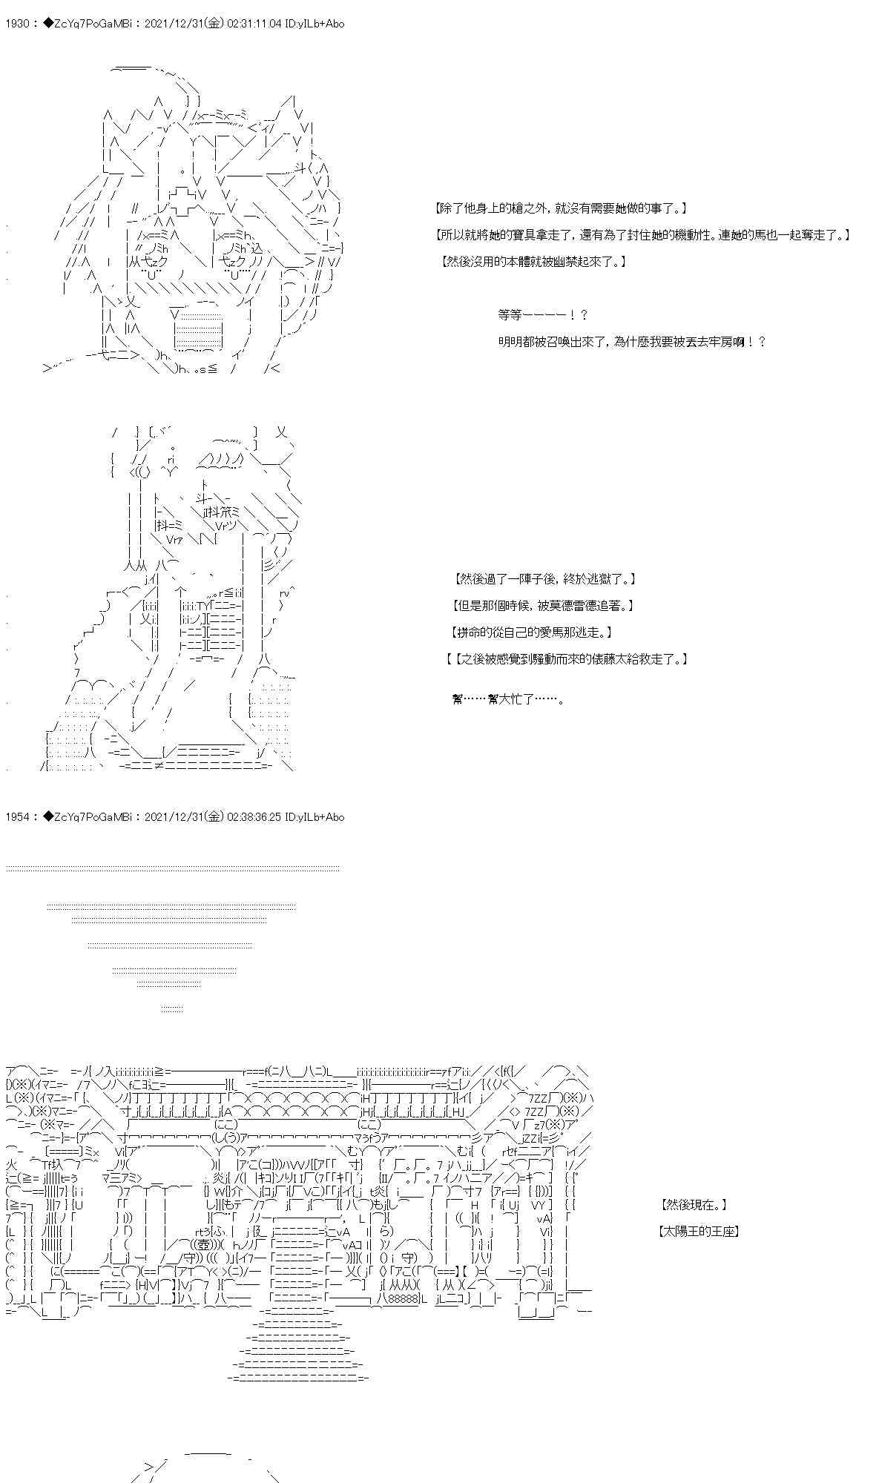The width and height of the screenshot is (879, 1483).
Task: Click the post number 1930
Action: (16, 24)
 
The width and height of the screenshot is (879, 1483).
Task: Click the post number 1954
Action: (16, 817)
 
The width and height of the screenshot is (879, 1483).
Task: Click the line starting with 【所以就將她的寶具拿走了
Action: (642, 236)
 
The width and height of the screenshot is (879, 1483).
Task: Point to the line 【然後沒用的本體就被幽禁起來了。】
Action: (533, 261)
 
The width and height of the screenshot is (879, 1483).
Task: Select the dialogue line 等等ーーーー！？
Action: (543, 315)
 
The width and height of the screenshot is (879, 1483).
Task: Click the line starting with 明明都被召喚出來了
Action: (632, 342)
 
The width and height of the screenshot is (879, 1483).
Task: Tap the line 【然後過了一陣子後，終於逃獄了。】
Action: (544, 579)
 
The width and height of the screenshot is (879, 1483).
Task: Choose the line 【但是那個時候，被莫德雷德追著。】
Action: (542, 606)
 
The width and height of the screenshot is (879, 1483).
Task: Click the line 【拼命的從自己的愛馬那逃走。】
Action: (531, 632)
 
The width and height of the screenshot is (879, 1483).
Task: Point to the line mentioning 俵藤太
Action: (567, 658)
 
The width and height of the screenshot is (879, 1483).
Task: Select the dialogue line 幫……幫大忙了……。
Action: (508, 698)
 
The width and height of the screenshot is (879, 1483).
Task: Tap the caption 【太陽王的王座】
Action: (699, 1232)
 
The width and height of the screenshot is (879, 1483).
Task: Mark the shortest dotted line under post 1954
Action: (171, 1008)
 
